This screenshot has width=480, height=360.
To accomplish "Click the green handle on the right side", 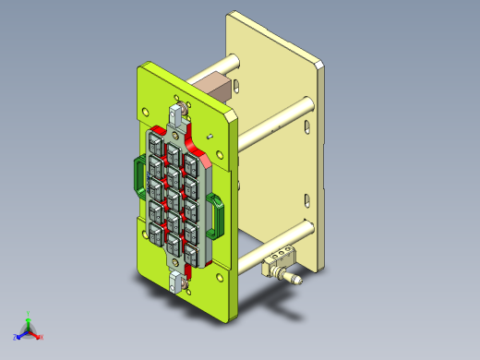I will point(217,214).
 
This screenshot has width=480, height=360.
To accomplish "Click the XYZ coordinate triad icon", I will point(28,328).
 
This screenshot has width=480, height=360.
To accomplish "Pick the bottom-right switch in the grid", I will point(192,250).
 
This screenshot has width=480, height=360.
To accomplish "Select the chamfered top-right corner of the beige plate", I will point(320,65).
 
